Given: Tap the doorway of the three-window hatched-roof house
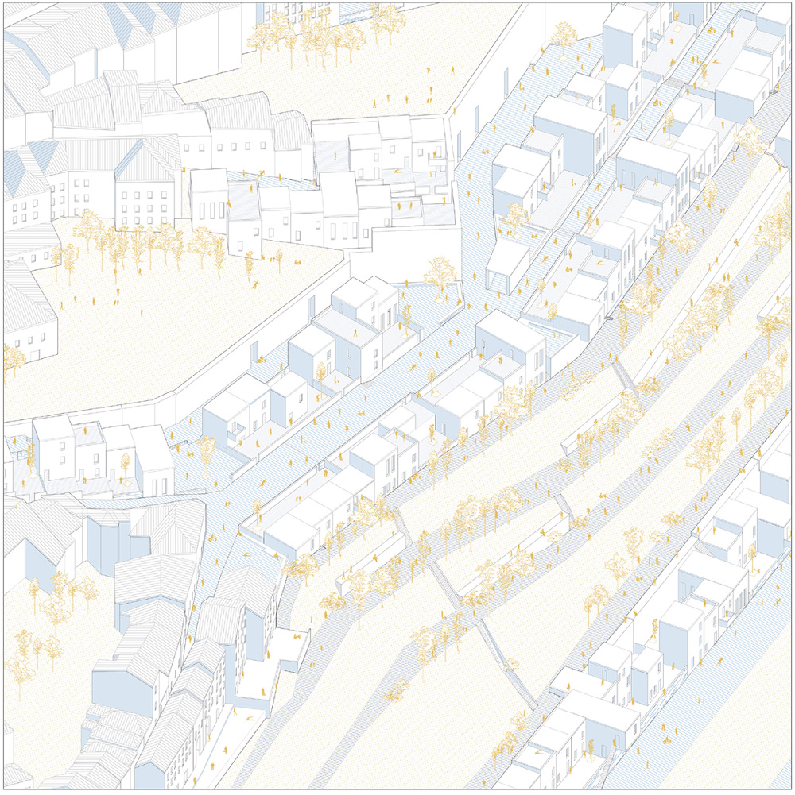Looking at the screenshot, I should pyautogui.click(x=35, y=349).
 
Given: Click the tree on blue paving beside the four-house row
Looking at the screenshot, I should pyautogui.click(x=206, y=448).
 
